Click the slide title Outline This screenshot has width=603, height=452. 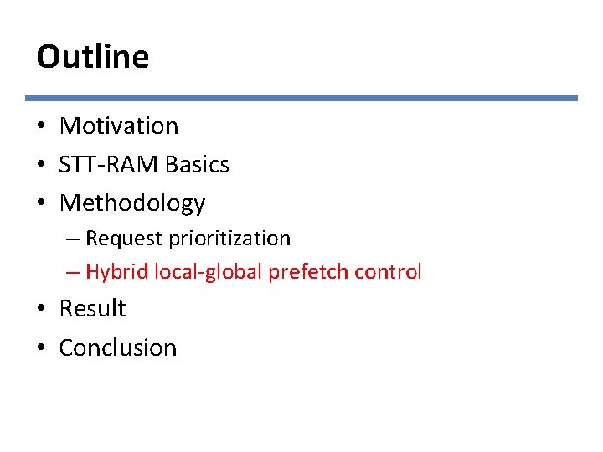[x=92, y=57]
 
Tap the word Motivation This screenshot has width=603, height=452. [x=119, y=126]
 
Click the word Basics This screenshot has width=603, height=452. [x=197, y=165]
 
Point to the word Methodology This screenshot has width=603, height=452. [x=132, y=203]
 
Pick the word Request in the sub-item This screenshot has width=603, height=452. [x=125, y=239]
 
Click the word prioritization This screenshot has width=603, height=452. [x=229, y=239]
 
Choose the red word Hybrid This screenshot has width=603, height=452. [x=115, y=272]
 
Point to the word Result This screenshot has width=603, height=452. [x=92, y=309]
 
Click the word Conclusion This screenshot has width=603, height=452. [x=118, y=347]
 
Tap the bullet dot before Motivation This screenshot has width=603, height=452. [x=41, y=127]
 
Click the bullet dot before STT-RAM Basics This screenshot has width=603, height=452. [x=41, y=166]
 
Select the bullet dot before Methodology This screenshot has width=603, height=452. [x=41, y=204]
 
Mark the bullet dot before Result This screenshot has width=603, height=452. [x=41, y=310]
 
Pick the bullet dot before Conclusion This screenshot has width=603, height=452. [x=41, y=348]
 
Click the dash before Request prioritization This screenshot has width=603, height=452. [x=72, y=239]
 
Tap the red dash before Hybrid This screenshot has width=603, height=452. [x=72, y=273]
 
